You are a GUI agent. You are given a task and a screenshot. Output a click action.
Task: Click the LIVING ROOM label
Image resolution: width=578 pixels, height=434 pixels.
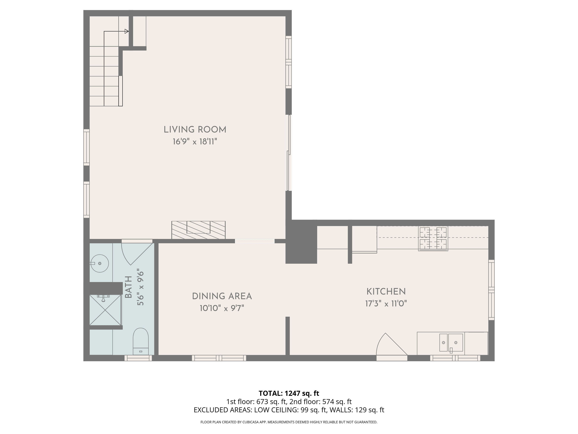point(195,130)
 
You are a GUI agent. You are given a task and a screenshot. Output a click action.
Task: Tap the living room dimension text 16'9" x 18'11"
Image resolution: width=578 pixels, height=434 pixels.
point(195,142)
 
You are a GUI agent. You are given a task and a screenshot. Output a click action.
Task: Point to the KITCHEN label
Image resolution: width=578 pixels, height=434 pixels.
point(386,291)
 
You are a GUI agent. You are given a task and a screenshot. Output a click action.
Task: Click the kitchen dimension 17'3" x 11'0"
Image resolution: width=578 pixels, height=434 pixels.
point(386,304)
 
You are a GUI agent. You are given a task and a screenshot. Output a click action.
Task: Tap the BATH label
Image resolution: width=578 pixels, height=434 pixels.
point(128,287)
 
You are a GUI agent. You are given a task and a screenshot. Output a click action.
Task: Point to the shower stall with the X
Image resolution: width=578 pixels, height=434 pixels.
point(105,310)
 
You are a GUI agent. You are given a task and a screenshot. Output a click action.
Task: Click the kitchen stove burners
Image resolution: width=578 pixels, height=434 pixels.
point(433,239)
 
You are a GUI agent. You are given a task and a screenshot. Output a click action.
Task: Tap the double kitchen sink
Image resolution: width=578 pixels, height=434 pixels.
point(451,343)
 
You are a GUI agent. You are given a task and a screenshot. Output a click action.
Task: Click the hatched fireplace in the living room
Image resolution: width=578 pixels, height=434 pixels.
point(198,230)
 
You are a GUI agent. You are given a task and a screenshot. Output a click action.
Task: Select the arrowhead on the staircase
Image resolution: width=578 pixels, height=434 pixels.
point(127,31)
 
